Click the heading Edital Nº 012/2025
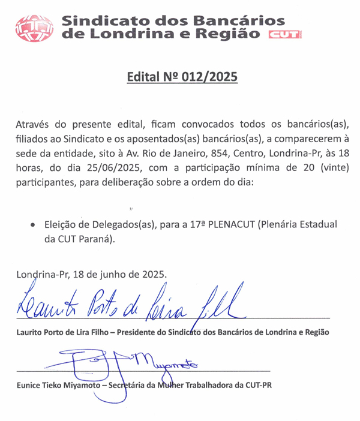click(x=182, y=77)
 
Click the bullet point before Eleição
click(x=32, y=225)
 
